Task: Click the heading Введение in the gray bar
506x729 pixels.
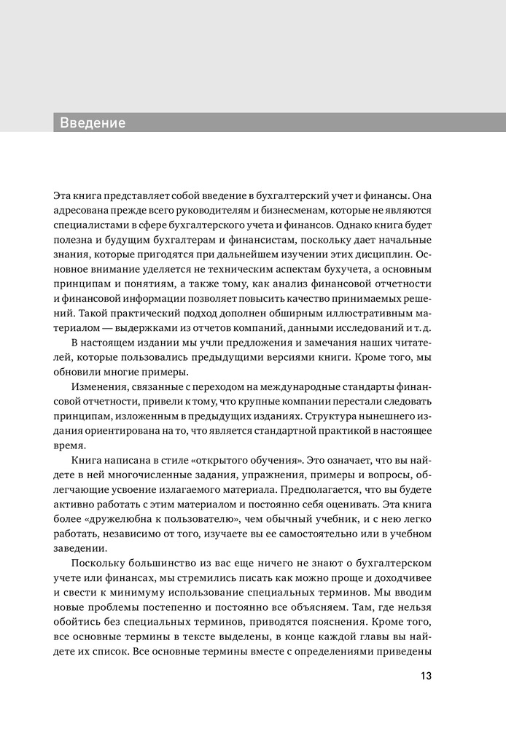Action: (93, 122)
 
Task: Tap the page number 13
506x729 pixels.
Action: (426, 676)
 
